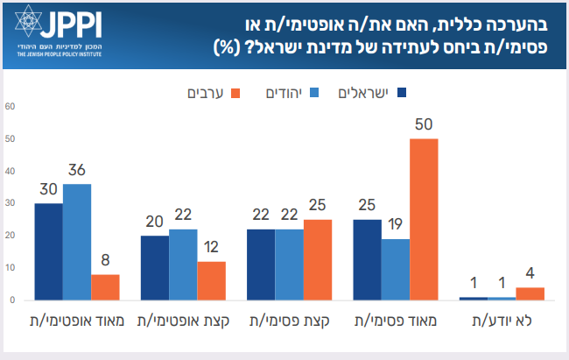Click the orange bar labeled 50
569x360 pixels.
[424, 219]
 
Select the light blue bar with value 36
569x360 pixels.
[77, 242]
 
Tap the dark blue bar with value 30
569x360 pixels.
[49, 251]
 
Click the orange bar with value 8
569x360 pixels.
[105, 287]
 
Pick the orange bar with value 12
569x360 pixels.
[211, 280]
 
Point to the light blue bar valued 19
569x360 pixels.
[396, 269]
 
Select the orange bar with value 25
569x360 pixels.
[318, 259]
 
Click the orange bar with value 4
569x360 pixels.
[530, 293]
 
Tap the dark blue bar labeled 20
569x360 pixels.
[155, 267]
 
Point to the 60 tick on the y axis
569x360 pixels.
[11, 107]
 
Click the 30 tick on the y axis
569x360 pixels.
[11, 203]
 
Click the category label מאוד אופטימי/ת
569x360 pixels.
[76, 321]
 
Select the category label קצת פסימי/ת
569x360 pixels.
[289, 321]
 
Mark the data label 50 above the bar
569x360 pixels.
[424, 124]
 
